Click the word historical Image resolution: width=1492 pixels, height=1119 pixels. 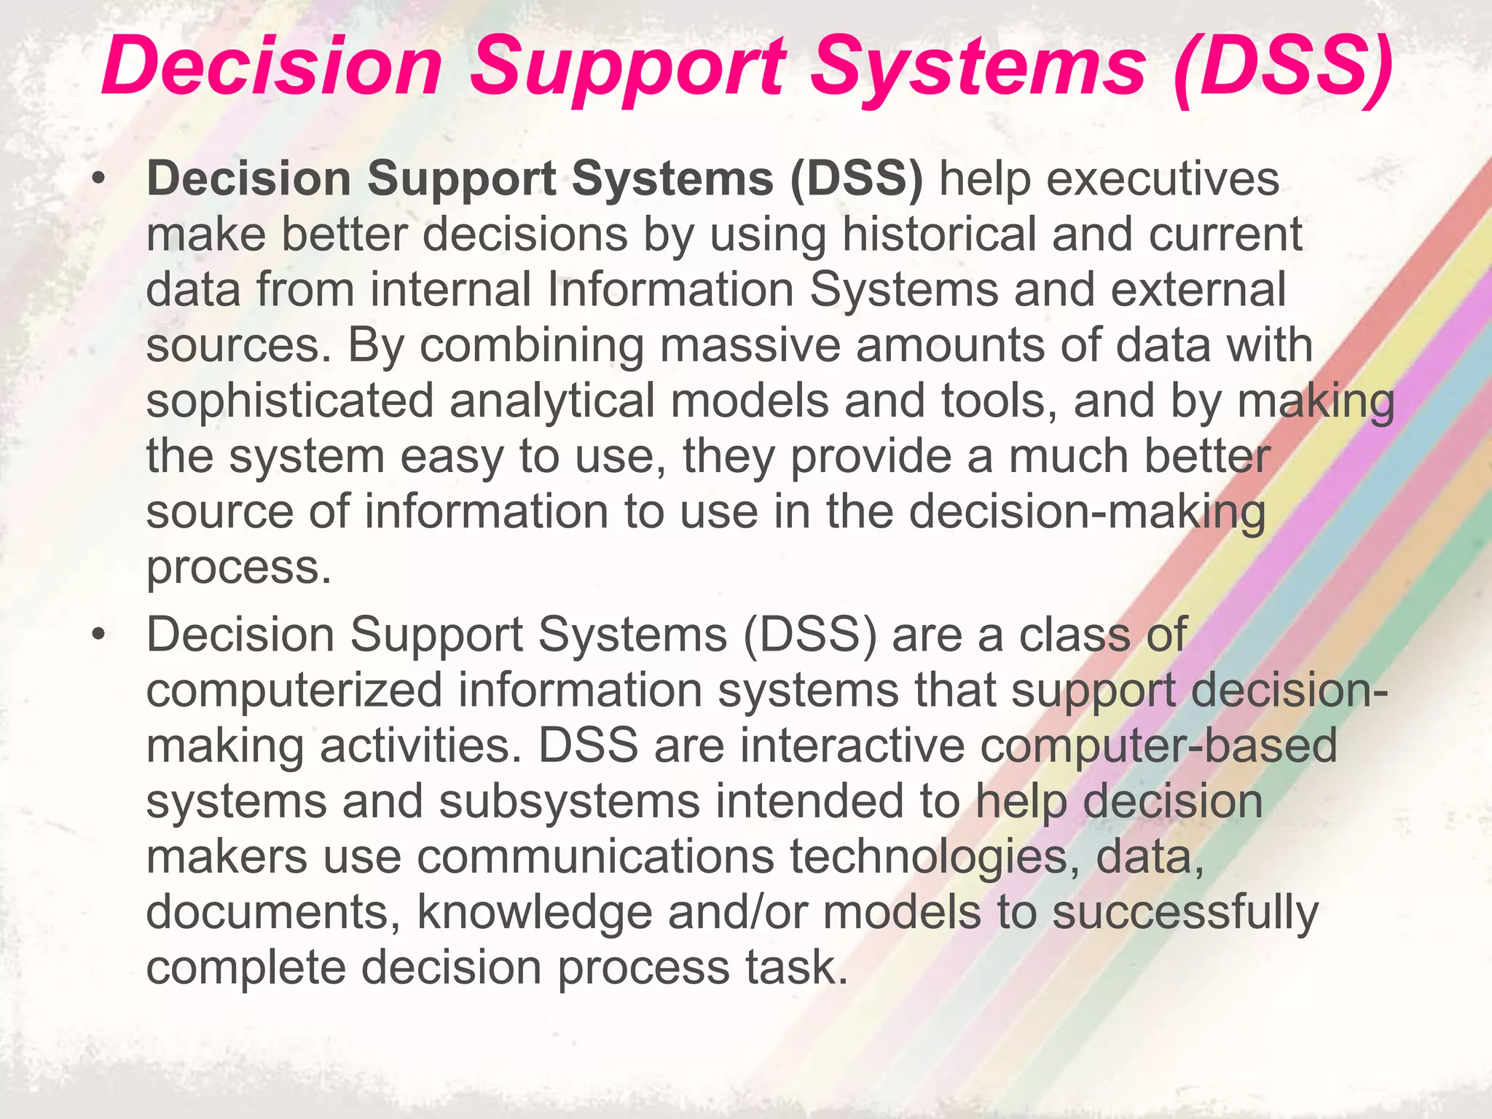point(939,235)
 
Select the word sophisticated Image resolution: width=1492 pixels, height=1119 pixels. point(290,401)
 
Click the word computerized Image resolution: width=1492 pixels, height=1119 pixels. point(294,691)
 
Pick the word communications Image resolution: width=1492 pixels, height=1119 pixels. point(595,857)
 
